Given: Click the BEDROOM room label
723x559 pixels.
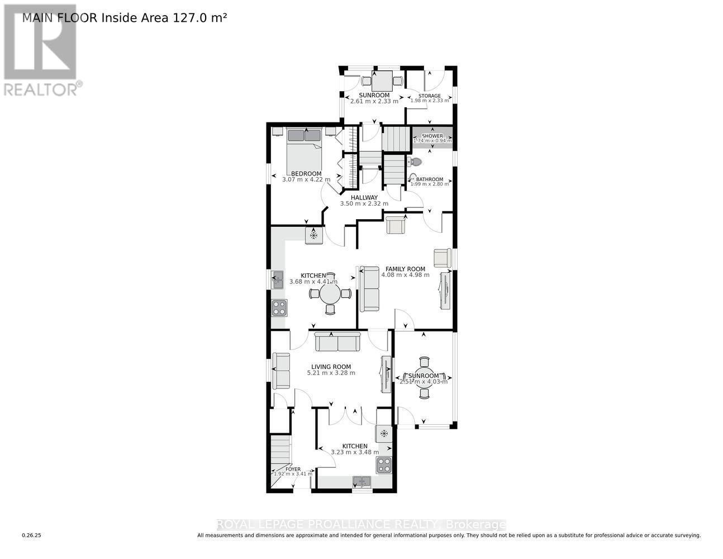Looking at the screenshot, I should [x=306, y=173].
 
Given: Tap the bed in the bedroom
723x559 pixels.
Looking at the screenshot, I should [x=305, y=148].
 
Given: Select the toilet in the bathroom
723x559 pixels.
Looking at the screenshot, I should [x=415, y=162].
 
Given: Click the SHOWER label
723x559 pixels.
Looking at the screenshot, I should [x=432, y=136].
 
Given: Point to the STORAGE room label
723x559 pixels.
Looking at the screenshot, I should [x=430, y=96].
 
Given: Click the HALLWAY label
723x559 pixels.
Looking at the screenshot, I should [x=364, y=197].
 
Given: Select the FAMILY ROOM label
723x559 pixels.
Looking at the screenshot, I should [x=405, y=269].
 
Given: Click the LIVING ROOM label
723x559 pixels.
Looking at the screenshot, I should [x=331, y=367].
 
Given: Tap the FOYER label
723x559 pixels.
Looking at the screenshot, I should [x=292, y=469].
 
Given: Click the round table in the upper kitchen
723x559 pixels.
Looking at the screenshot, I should [x=330, y=293].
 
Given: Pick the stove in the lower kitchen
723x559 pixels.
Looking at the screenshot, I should [x=383, y=464].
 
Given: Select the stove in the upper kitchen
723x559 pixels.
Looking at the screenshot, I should [x=279, y=307].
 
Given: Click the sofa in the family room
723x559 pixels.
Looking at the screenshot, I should [x=369, y=289].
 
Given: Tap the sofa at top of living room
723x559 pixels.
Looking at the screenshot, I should [x=337, y=341].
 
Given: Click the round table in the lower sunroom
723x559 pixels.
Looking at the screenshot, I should [x=424, y=377].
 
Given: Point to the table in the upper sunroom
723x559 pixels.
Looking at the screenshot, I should [x=382, y=82].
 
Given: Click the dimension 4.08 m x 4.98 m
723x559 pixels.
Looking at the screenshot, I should [x=405, y=275].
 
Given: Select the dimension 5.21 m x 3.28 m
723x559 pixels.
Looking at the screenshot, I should [x=331, y=373].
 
